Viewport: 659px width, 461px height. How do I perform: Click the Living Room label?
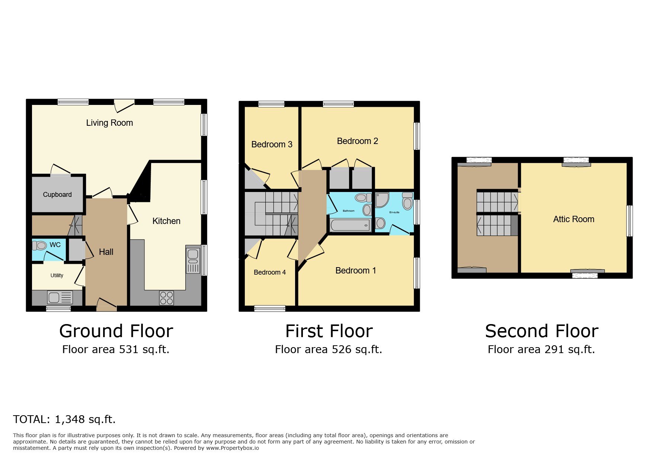click(109, 123)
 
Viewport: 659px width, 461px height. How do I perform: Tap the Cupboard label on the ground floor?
click(57, 195)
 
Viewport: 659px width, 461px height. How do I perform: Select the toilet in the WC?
click(39, 246)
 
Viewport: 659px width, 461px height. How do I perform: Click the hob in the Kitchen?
click(166, 298)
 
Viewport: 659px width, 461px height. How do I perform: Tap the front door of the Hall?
click(106, 305)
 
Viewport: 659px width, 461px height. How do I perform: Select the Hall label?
click(106, 252)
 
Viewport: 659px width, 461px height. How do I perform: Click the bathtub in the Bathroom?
click(350, 225)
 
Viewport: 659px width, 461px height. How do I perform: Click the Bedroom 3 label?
click(272, 144)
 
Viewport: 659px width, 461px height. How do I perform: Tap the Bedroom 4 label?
click(270, 272)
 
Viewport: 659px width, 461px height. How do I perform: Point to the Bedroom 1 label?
click(356, 270)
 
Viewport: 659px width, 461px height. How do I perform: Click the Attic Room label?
click(574, 219)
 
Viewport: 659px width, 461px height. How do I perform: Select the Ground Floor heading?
click(116, 331)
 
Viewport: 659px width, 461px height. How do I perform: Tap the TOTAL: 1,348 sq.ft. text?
click(64, 419)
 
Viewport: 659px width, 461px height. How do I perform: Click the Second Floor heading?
click(542, 331)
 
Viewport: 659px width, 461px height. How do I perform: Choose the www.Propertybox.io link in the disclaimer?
click(233, 448)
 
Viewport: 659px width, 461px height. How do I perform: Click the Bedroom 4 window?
click(270, 308)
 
